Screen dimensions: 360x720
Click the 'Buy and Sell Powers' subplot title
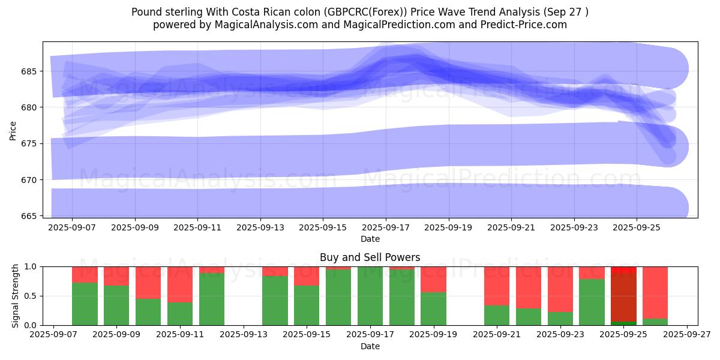370,257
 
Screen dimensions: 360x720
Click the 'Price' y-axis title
13,130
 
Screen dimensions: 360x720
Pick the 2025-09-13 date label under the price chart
260,228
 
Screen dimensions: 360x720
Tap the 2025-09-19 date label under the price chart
448,228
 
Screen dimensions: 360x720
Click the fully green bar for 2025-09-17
370,296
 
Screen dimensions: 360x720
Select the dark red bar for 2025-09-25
623,297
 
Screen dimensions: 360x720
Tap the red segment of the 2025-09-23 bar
560,288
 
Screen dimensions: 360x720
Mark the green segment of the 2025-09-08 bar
85,304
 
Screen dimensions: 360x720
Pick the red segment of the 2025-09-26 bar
655,291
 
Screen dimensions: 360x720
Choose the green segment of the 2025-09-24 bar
592,302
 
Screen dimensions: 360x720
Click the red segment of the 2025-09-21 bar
497,286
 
